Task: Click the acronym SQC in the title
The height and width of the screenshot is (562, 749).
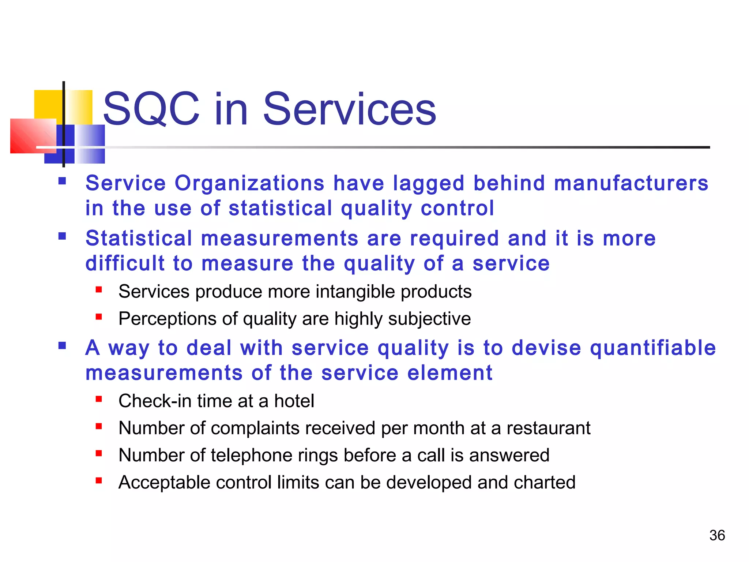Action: [151, 109]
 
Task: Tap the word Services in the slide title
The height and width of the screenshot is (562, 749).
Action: [349, 109]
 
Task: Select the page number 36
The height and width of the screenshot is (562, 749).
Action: [717, 535]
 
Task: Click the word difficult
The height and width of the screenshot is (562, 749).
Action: [125, 263]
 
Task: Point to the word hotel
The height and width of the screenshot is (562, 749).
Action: [294, 401]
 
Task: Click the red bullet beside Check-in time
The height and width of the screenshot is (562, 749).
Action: [98, 399]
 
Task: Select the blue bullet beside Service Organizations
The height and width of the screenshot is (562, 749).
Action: [62, 181]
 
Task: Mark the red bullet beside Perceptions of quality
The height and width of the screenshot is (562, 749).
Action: [98, 317]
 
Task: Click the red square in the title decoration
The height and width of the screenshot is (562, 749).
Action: [33, 136]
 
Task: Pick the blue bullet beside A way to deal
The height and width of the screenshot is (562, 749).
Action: [62, 345]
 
